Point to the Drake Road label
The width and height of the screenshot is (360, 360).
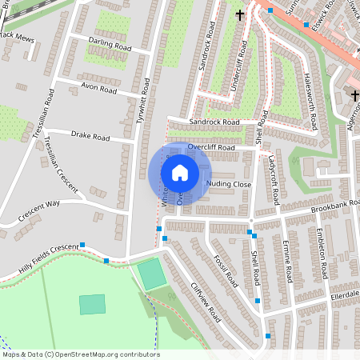[x=90, y=137]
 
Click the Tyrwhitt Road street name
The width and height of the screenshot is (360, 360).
[x=144, y=94]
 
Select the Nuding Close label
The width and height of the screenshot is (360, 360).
[x=229, y=185]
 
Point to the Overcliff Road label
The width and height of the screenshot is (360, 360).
[x=211, y=148]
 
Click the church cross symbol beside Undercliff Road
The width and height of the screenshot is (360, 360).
[x=239, y=14]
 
